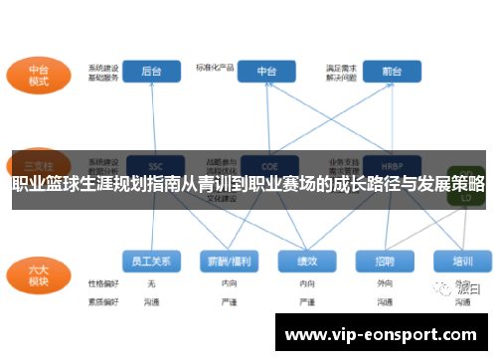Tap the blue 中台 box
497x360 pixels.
point(266,72)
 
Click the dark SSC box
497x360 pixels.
point(153,165)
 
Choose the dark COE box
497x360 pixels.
point(266,165)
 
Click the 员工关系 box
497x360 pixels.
point(151,261)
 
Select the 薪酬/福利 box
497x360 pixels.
point(229,261)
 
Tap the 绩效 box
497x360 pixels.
point(307,261)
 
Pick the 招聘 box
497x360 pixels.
point(385,261)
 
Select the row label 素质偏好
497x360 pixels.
point(102,299)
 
